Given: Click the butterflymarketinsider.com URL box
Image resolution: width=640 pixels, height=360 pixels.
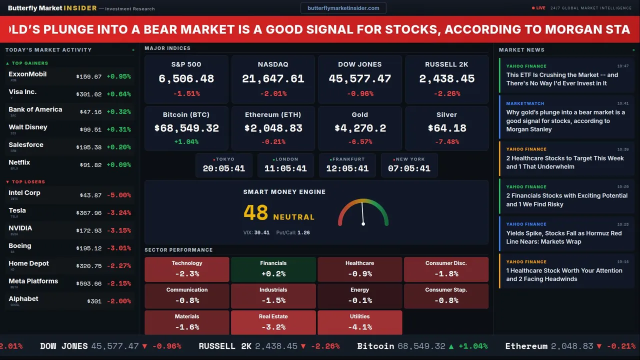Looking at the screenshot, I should pos(343,8).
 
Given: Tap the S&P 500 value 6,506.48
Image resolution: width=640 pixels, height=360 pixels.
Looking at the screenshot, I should pos(186,79).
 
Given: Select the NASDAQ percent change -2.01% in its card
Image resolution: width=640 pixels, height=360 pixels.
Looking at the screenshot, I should pos(273,93).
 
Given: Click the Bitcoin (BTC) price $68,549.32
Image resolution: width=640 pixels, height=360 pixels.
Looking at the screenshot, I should pos(186,128).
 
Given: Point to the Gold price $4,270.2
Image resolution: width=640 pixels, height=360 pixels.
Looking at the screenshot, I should pos(360,128).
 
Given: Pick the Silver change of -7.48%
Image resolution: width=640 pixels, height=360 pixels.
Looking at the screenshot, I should pos(446,142).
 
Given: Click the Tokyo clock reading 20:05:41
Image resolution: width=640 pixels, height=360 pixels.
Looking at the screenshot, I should pos(223,168).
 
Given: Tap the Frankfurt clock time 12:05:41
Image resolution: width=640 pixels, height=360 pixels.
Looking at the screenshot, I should pos(347,168).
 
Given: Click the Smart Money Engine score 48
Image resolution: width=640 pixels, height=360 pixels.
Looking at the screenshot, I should pos(255,213).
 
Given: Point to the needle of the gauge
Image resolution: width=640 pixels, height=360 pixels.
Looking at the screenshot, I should pos(362,213).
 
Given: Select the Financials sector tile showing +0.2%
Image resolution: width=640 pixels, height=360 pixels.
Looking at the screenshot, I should pos(273,269).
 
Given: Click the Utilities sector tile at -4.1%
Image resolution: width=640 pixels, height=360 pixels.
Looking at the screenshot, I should pos(359,322).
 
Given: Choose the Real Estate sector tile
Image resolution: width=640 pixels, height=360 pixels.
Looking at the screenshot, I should pos(273,322).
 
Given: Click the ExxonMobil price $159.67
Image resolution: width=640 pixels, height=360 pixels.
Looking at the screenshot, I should pos(88,77).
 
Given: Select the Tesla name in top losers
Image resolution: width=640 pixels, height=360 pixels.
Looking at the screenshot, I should pos(17,210).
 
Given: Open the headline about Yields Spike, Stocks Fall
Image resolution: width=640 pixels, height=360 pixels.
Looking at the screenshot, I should pos(563,237).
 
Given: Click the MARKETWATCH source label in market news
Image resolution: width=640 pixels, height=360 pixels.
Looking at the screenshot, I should pos(525,103).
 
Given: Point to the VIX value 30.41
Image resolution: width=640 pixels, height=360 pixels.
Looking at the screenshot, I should pos(261,232).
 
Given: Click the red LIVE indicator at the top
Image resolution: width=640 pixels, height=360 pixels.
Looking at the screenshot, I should pos(540,8).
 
